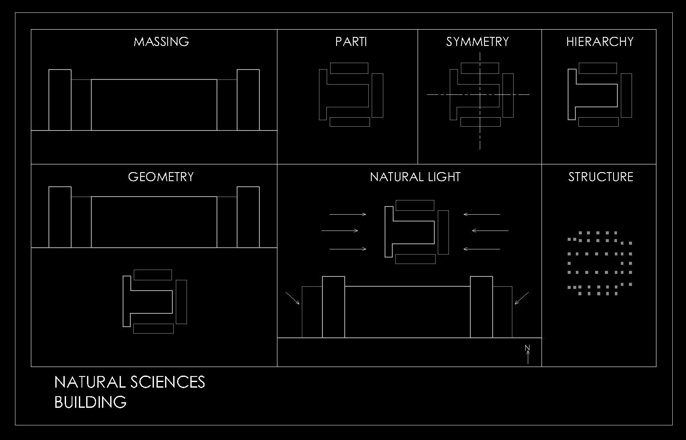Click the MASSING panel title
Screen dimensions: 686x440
pos(161,42)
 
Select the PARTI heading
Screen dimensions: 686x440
pos(351,42)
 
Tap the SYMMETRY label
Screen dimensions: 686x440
pos(477,42)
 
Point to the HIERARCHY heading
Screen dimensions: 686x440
pos(599,42)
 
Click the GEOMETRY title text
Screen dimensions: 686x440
pos(161,177)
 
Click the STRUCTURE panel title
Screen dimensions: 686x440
pos(600,177)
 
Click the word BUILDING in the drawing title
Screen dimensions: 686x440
pos(90,402)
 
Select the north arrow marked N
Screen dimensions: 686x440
pos(527,354)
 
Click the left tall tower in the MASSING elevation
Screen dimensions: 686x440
pos(60,100)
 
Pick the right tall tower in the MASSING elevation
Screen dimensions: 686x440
pos(248,100)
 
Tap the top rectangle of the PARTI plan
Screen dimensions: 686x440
pos(349,68)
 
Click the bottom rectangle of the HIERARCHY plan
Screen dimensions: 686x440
pos(598,121)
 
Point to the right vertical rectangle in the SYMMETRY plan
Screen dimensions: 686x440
pos(508,95)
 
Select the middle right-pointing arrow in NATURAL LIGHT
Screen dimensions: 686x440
pos(340,231)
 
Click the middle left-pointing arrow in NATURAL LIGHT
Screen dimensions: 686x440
pos(490,231)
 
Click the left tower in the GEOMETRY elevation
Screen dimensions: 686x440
pos(60,217)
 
